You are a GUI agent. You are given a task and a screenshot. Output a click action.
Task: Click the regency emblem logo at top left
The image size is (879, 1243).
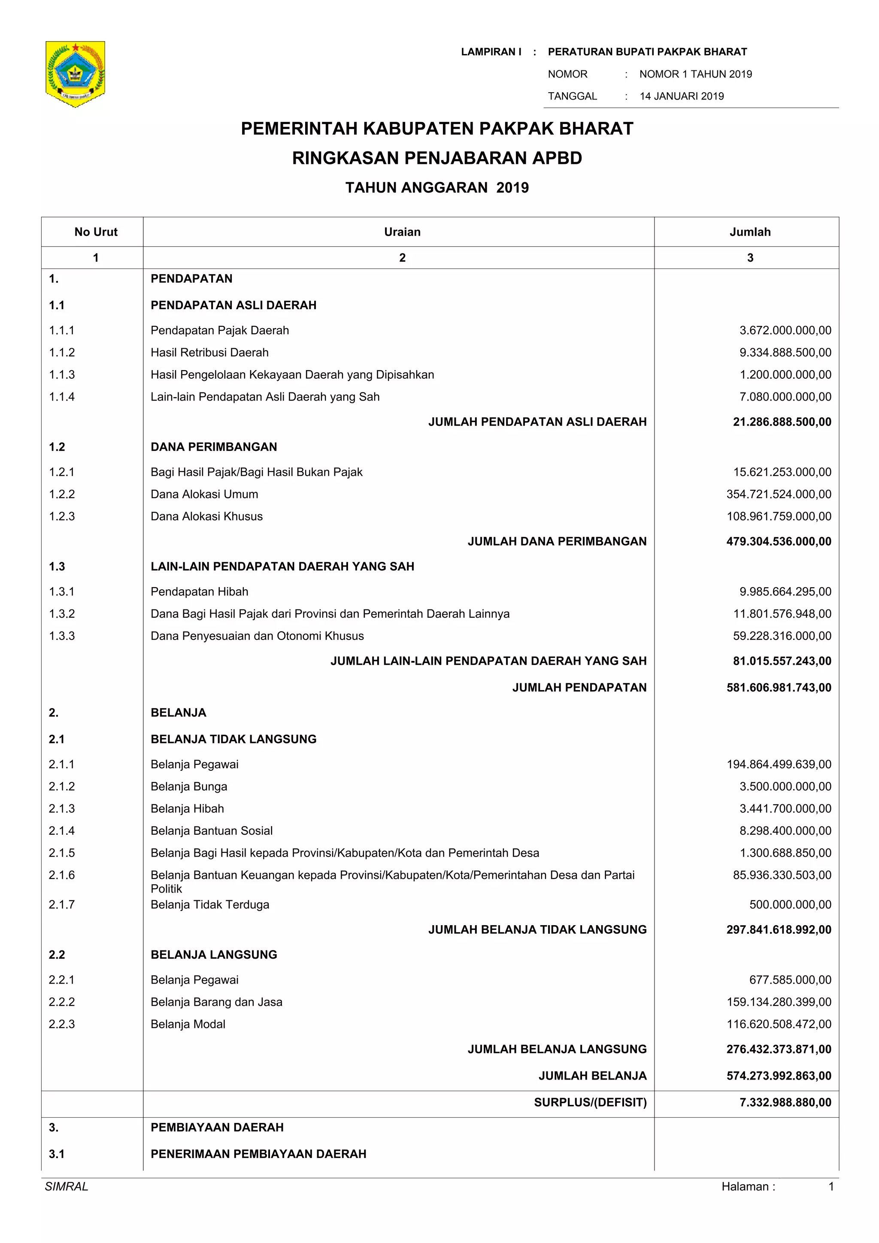point(75,74)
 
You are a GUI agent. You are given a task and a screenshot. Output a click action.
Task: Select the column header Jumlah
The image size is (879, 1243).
point(749,232)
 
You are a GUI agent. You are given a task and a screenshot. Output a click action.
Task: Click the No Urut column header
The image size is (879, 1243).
point(96,232)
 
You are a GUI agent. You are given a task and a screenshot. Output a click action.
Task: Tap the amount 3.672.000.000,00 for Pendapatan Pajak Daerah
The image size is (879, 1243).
point(785,330)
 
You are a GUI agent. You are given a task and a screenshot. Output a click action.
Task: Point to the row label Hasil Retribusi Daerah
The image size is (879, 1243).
point(209,353)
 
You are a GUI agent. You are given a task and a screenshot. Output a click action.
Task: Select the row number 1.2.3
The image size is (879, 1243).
point(62,516)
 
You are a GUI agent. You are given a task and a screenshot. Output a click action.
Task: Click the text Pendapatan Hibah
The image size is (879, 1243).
point(199,592)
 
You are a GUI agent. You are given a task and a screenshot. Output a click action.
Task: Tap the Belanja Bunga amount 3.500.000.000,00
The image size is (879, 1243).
point(785,787)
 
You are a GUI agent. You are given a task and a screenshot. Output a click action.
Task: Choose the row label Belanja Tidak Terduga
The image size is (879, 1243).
point(209,905)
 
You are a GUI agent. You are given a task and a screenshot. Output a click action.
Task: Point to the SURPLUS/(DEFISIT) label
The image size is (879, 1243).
point(590,1102)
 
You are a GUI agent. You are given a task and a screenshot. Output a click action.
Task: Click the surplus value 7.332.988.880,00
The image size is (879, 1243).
point(785,1102)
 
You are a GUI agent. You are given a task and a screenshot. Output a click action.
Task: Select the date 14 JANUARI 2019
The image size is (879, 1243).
point(681,97)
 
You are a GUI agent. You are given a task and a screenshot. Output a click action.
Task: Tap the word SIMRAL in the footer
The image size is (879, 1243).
point(66,1187)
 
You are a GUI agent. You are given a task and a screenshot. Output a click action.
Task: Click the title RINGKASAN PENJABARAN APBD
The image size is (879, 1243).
point(437,158)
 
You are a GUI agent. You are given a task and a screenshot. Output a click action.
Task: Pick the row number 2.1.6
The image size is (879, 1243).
point(62,875)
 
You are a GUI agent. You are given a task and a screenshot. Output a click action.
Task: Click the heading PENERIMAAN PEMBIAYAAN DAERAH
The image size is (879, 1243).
point(258,1154)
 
